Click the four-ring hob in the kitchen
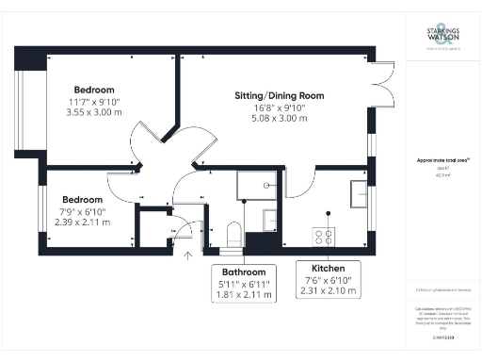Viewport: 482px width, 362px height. [x=325, y=237]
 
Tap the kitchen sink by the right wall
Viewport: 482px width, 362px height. [x=360, y=193]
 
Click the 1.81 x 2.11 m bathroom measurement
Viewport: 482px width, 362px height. [x=244, y=294]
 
